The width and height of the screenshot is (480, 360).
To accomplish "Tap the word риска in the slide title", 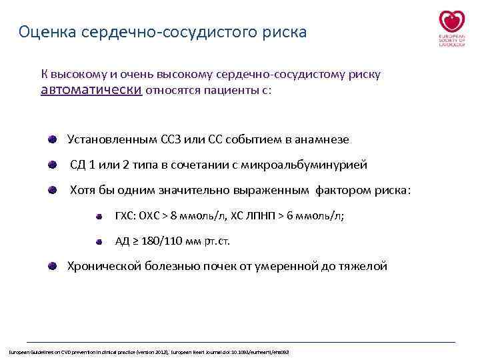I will click(x=285, y=32).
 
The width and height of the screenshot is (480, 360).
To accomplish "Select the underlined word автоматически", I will click(x=91, y=90).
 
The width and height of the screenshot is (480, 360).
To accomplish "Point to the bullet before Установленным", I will click(x=52, y=139).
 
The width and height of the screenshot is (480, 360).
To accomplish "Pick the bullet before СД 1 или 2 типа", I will click(x=52, y=165).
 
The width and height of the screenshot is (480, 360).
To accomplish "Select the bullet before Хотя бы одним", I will click(x=52, y=190).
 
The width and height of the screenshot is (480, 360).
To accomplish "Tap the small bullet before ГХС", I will click(x=98, y=216).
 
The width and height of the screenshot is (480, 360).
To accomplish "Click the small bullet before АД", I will click(x=98, y=241).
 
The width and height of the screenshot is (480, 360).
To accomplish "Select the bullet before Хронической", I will click(x=52, y=266).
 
